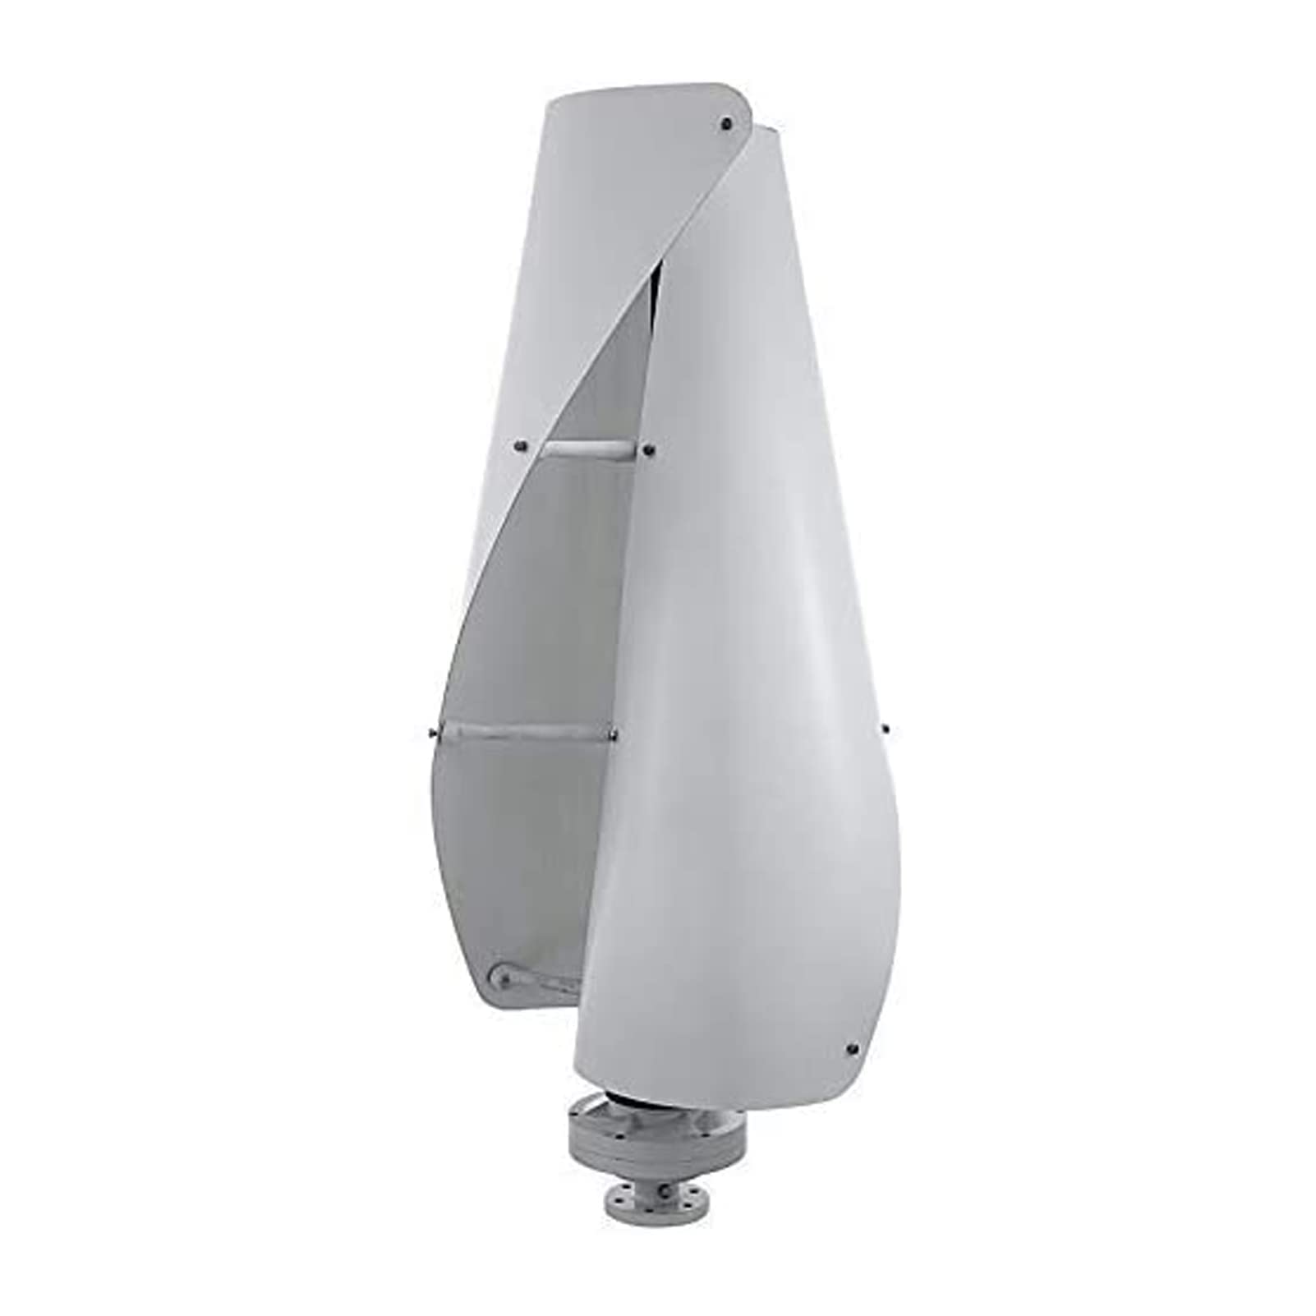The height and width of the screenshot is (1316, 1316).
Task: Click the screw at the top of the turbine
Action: (x=725, y=124)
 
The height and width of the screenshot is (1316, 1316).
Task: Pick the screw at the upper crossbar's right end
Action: (x=649, y=449)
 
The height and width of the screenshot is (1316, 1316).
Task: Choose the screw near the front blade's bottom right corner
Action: (x=851, y=1049)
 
